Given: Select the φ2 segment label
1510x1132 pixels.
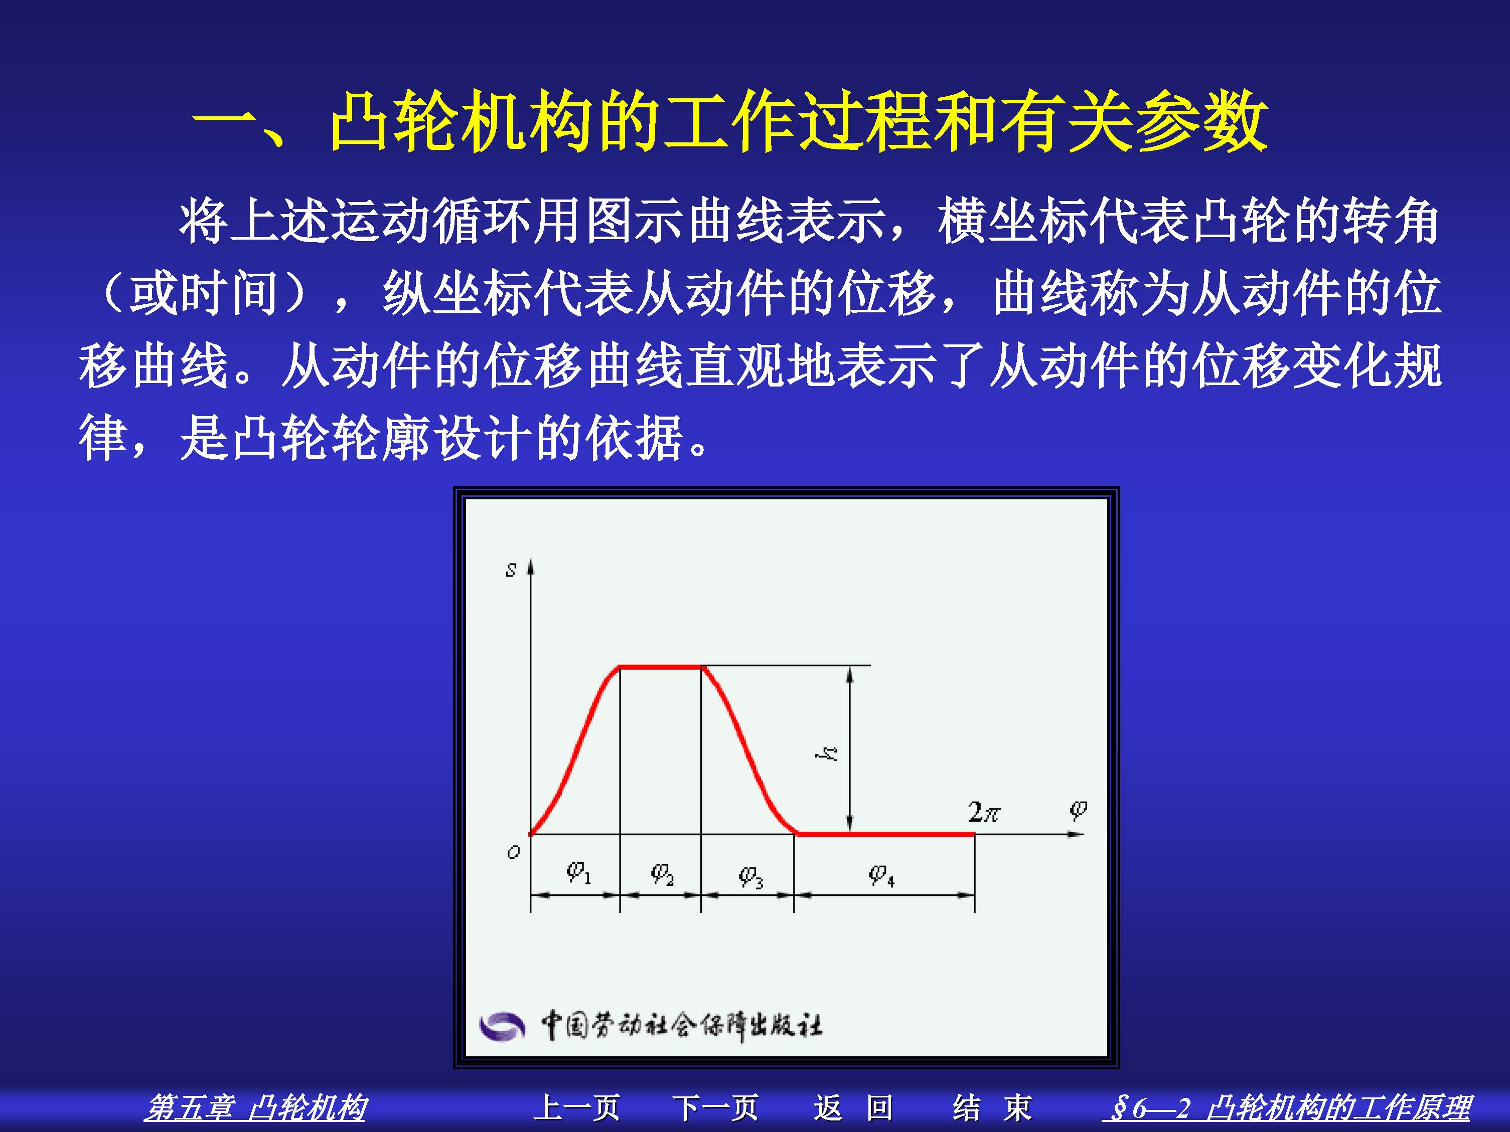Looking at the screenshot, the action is click(x=662, y=873).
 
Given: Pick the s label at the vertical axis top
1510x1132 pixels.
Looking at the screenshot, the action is click(x=511, y=570).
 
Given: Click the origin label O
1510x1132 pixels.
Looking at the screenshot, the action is click(x=513, y=852).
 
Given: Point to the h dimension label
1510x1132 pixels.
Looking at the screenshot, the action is click(x=827, y=753).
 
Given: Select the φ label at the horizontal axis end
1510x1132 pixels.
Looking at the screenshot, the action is click(x=1077, y=810).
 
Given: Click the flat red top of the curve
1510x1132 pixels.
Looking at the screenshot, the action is click(x=660, y=667).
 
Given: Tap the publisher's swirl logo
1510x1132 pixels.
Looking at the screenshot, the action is click(x=502, y=1026).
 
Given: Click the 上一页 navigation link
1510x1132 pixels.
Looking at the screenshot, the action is click(x=577, y=1108).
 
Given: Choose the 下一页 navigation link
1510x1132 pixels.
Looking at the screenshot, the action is click(x=715, y=1108).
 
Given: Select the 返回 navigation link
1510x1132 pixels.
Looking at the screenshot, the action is click(x=853, y=1108).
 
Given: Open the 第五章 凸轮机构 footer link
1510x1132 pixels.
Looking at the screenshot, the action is click(x=255, y=1108).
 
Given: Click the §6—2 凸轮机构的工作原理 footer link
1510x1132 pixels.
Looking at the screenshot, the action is click(x=1287, y=1108).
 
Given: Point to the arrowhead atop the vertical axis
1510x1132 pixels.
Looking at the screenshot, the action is click(x=530, y=567).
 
